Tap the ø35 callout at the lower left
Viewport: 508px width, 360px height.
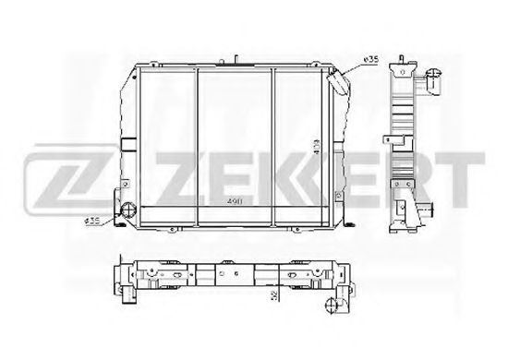91,221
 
